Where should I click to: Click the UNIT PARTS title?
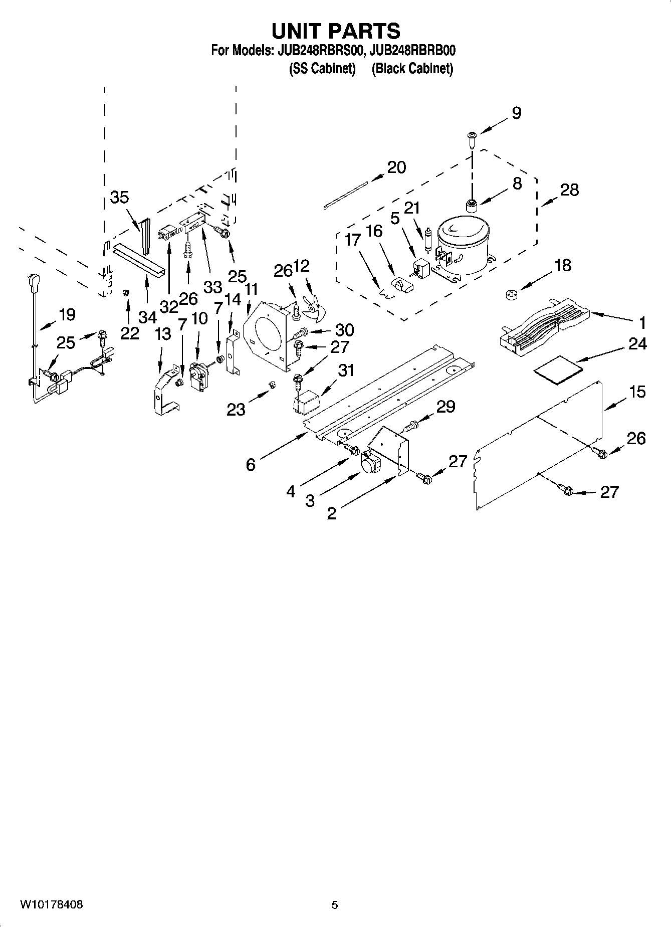(x=335, y=31)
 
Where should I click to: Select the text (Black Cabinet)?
(x=412, y=69)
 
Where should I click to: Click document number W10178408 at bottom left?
(x=51, y=905)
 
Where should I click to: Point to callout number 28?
(x=569, y=190)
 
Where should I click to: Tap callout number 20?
(x=396, y=167)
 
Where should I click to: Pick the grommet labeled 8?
(x=471, y=205)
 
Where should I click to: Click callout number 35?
(x=119, y=198)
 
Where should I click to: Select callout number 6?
(x=251, y=465)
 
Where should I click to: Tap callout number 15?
(x=637, y=392)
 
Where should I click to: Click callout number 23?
(x=236, y=410)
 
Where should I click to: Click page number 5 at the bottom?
(x=335, y=905)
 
